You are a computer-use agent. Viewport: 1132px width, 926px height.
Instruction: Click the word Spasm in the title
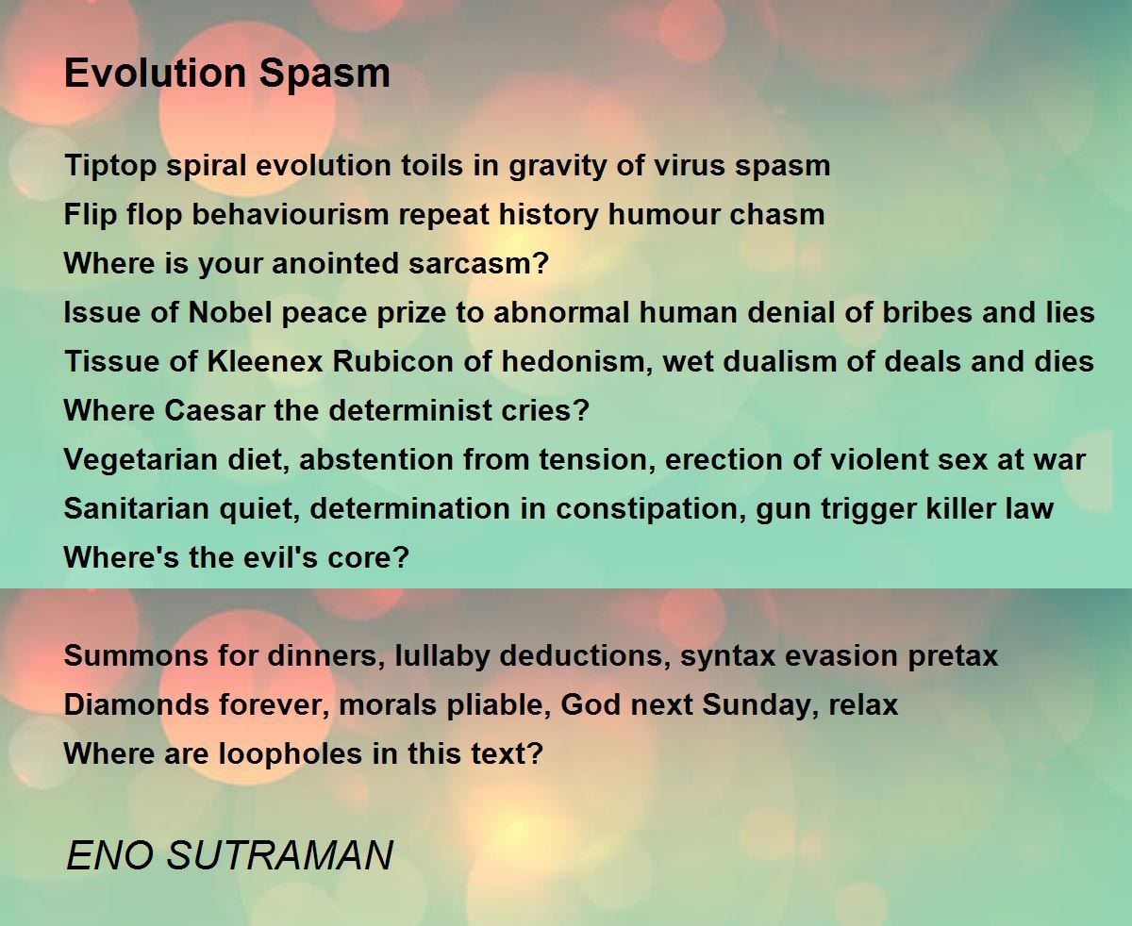coord(325,74)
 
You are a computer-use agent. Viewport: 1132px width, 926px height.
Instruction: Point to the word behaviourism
coord(291,215)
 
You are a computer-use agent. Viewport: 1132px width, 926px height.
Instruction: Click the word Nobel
coord(230,312)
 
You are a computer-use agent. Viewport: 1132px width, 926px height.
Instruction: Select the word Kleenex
coord(265,361)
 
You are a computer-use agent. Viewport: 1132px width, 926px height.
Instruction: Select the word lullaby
coord(442,656)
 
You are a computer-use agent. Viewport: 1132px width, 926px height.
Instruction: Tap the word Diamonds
coord(137,704)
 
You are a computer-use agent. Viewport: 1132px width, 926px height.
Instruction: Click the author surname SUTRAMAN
coord(279,855)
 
